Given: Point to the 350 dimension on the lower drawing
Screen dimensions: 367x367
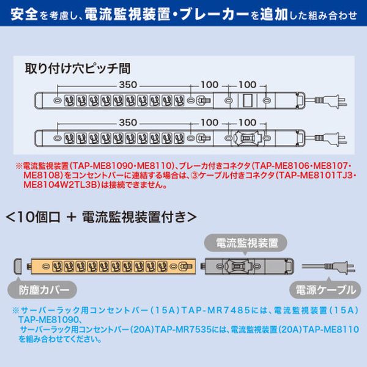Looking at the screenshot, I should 128,122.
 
